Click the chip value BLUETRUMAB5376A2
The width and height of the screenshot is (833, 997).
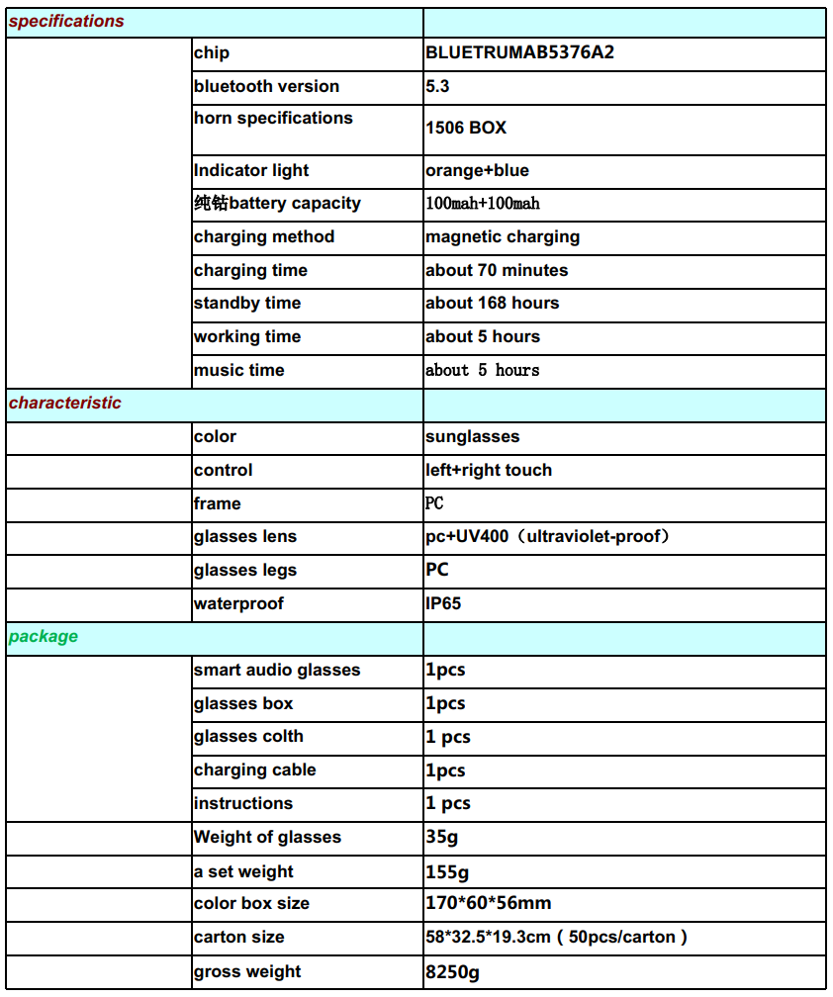(519, 53)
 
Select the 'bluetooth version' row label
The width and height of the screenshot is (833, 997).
(266, 87)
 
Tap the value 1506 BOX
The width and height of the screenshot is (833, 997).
(466, 129)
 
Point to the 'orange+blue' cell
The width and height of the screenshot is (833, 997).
(477, 171)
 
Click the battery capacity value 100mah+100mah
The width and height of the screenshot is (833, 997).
(483, 205)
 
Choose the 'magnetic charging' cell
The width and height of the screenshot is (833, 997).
(503, 237)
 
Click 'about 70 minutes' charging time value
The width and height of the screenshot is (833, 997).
(497, 271)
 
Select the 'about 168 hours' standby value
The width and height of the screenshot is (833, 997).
(492, 304)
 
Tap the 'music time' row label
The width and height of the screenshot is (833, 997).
(238, 371)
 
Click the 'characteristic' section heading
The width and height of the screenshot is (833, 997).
(65, 404)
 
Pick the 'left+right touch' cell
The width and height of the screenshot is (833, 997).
(489, 471)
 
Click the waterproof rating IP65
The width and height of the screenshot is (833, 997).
(443, 604)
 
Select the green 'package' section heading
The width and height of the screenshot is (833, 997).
(44, 637)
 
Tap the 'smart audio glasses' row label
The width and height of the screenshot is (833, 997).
(277, 671)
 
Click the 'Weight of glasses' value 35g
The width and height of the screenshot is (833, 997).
(441, 838)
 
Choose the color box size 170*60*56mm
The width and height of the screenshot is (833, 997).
(488, 903)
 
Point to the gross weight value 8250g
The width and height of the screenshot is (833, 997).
(452, 972)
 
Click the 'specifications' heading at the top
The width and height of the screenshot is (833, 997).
(66, 22)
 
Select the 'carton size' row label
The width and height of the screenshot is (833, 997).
(238, 938)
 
